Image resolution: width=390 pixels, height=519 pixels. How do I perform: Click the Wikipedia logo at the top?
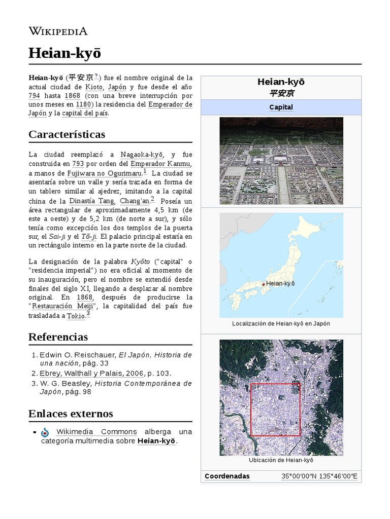(x=58, y=31)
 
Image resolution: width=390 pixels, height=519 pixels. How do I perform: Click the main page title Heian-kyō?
(x=64, y=53)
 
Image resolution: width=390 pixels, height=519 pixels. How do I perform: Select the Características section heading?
(x=67, y=134)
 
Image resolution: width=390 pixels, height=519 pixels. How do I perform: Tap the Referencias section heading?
(x=58, y=337)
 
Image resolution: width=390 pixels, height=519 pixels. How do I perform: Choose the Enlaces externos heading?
(x=71, y=414)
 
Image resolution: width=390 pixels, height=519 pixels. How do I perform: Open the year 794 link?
(x=34, y=96)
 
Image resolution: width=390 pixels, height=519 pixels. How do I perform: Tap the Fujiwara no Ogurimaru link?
(x=99, y=173)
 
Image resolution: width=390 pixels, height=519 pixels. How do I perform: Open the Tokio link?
(x=76, y=316)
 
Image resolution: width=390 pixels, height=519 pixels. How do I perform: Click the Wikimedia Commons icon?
(x=45, y=432)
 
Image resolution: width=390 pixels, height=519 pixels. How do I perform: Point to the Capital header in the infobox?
(x=281, y=107)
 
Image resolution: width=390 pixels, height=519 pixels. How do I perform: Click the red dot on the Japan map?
(x=263, y=284)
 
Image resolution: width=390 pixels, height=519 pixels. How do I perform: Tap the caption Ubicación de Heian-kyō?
(x=281, y=460)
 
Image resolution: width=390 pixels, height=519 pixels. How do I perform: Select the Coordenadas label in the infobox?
(x=227, y=476)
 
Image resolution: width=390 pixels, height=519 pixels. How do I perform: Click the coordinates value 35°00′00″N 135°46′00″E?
(x=319, y=476)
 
